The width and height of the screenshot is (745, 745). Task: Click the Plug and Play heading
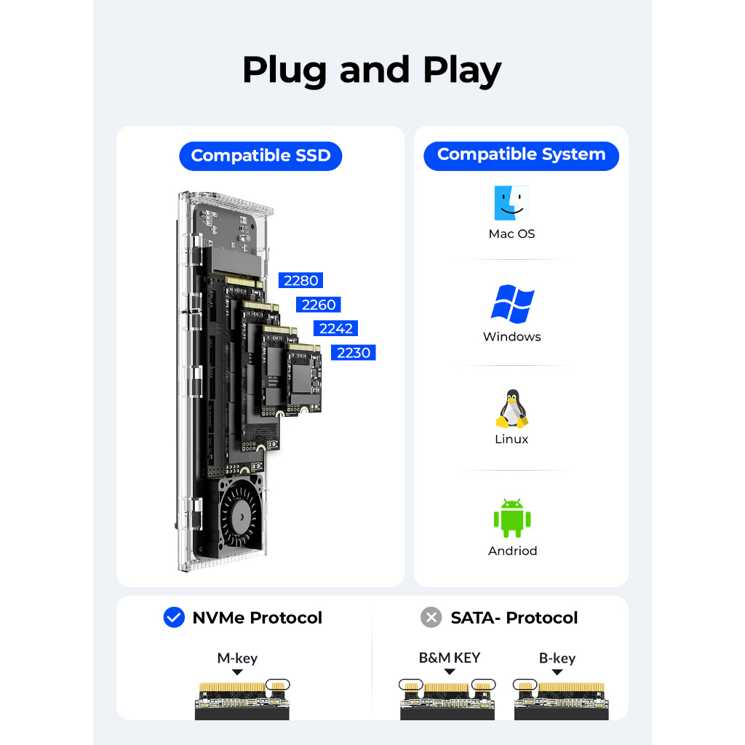[x=372, y=71]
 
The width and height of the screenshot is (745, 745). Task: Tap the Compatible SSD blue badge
[x=260, y=156]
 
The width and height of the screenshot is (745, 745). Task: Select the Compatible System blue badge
[x=521, y=156]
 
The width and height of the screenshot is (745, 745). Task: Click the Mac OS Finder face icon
[x=511, y=203]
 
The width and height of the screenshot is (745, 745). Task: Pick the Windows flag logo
[x=512, y=304]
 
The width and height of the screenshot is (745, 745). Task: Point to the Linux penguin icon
[x=511, y=409]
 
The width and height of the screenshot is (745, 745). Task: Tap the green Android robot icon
[x=512, y=518]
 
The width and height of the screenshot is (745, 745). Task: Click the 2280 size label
[x=300, y=280]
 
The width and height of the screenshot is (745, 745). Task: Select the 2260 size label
[x=319, y=305]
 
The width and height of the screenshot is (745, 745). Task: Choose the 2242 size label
[x=336, y=328]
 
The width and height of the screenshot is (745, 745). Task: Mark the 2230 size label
[x=354, y=353]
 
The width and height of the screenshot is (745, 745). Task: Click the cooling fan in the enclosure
[x=240, y=517]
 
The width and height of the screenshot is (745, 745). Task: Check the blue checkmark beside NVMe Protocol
[x=174, y=617]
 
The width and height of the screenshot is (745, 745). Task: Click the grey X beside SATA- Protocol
[x=431, y=617]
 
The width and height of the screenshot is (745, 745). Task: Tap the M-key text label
[x=237, y=658]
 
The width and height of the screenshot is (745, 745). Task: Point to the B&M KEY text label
[x=450, y=658]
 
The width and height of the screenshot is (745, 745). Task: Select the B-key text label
[x=557, y=658]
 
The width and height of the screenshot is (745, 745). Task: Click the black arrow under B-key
[x=557, y=672]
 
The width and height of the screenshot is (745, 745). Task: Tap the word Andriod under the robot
[x=512, y=551]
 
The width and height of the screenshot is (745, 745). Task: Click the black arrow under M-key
[x=238, y=672]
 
